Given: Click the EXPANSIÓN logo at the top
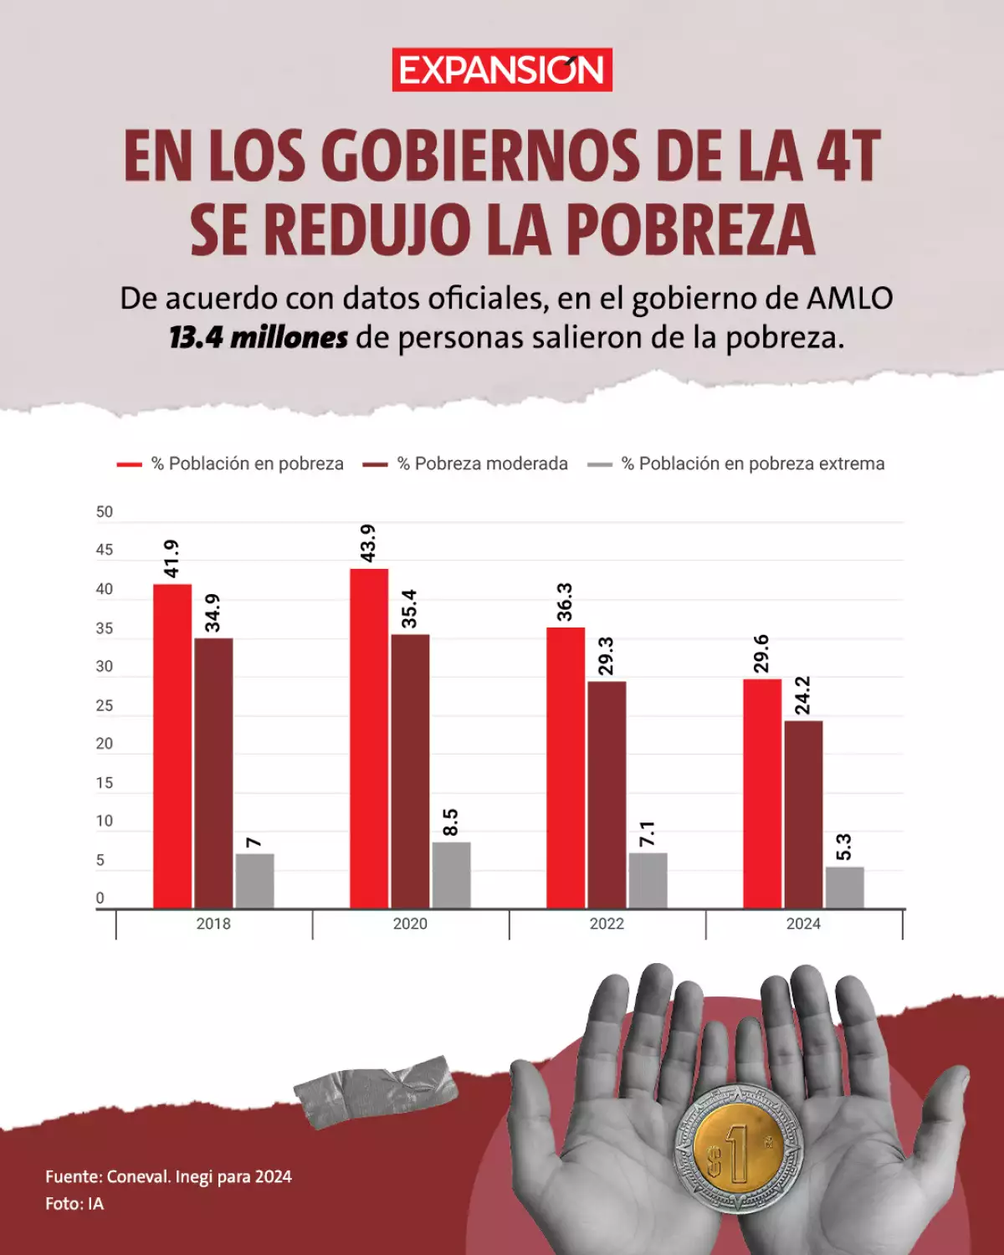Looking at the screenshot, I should coord(502,69).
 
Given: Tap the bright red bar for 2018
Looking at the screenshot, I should coord(172,745).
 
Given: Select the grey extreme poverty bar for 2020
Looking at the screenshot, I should coord(451,874).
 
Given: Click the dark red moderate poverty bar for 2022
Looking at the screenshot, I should coord(607,795).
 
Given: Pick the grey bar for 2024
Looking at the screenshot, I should coord(844,887).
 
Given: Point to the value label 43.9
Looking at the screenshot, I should coord(367,543).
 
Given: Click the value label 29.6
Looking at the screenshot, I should coord(761,653).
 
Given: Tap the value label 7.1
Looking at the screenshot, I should coord(648,833).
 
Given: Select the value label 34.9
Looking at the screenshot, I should coord(213,612).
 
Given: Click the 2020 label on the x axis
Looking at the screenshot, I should coord(410,924).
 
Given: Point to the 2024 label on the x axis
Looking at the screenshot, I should coord(803,924).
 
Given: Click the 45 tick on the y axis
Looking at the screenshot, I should coord(104,550).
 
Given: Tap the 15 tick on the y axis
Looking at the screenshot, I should coord(104,783).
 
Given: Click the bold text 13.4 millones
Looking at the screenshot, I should coord(259,338).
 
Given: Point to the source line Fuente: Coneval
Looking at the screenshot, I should coord(168,1176).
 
